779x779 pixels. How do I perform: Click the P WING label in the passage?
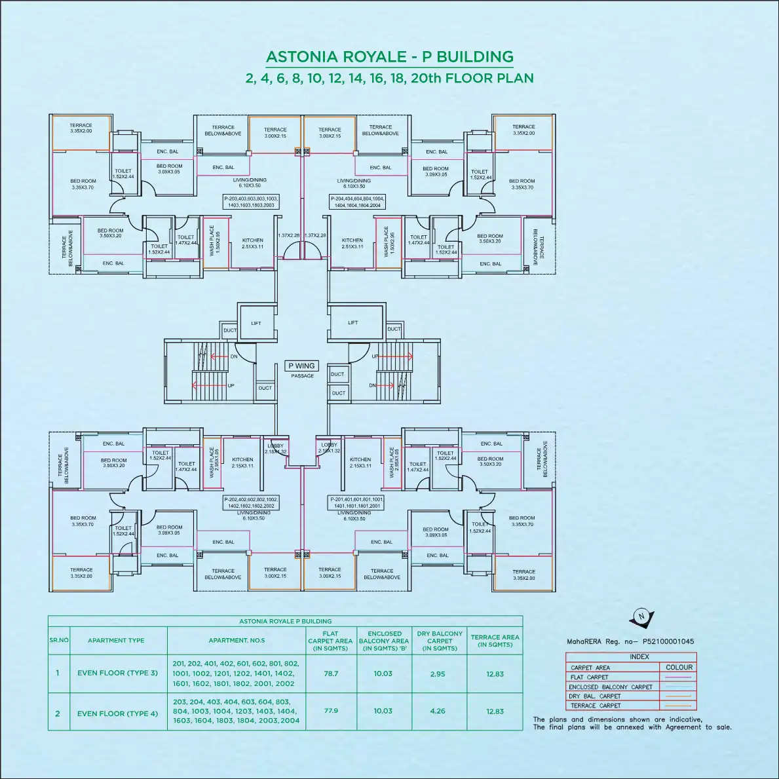[x=301, y=366]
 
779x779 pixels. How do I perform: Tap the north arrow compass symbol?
[x=640, y=616]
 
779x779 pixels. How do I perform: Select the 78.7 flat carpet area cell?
[x=331, y=674]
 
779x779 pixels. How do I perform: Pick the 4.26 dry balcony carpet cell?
[x=439, y=711]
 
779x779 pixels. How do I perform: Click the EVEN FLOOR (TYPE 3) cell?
[x=117, y=673]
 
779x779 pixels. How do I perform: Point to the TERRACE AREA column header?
[x=495, y=640]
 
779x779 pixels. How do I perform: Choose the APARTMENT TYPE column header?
[x=116, y=640]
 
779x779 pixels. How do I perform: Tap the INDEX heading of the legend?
[x=639, y=656]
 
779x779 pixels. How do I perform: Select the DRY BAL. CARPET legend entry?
[x=595, y=696]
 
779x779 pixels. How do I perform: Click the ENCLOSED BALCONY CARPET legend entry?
[x=611, y=687]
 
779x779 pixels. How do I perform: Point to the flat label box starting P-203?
[x=251, y=201]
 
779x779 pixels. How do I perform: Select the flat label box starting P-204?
[x=357, y=201]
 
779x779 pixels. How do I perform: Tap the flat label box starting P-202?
[x=251, y=503]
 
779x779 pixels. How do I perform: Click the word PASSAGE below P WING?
[x=302, y=376]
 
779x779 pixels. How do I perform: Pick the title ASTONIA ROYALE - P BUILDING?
[x=389, y=57]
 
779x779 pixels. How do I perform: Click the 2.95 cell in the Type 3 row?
[x=439, y=674]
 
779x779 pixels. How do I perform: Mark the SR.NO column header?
[x=58, y=640]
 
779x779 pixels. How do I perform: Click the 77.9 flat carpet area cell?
[x=331, y=711]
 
